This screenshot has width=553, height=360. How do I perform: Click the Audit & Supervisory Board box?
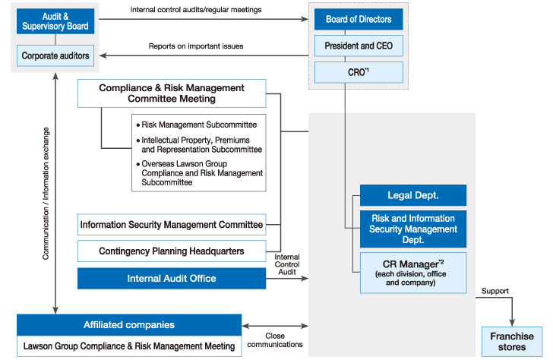point(55,21)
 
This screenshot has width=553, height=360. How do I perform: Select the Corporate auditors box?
point(55,55)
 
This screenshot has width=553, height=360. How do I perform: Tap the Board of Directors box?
point(359,19)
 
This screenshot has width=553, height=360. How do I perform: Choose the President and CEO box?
point(359,46)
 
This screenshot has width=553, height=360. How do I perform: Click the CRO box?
point(359,72)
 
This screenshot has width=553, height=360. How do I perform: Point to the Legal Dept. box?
point(413,195)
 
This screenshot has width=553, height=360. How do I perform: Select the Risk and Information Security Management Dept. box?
point(413,229)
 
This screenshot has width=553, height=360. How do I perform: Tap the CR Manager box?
point(413,273)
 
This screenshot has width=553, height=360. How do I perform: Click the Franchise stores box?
point(512,341)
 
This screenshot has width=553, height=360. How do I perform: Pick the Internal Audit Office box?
point(172,278)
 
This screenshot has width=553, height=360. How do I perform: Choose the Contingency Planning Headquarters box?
point(172,251)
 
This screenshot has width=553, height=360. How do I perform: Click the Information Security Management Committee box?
point(172,224)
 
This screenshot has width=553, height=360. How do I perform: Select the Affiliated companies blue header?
point(129,325)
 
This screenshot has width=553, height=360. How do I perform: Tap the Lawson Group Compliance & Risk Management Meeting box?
point(129,346)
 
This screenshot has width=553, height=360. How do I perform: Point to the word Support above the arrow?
point(495,291)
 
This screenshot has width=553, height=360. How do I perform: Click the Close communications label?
point(275,340)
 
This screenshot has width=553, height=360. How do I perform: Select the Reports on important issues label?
point(196,46)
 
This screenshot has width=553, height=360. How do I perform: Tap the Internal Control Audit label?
point(287,264)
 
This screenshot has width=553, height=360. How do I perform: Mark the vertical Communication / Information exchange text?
point(46,194)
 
